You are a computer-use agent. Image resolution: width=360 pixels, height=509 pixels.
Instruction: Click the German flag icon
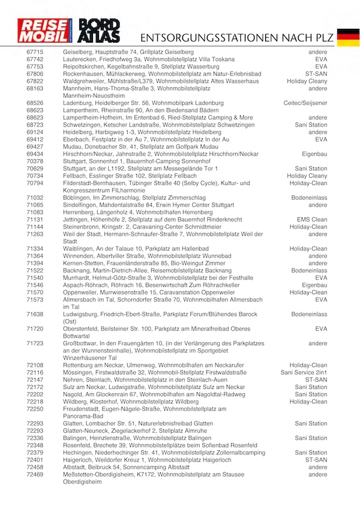(348, 37)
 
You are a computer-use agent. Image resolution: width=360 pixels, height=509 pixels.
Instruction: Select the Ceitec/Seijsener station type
(305, 103)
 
